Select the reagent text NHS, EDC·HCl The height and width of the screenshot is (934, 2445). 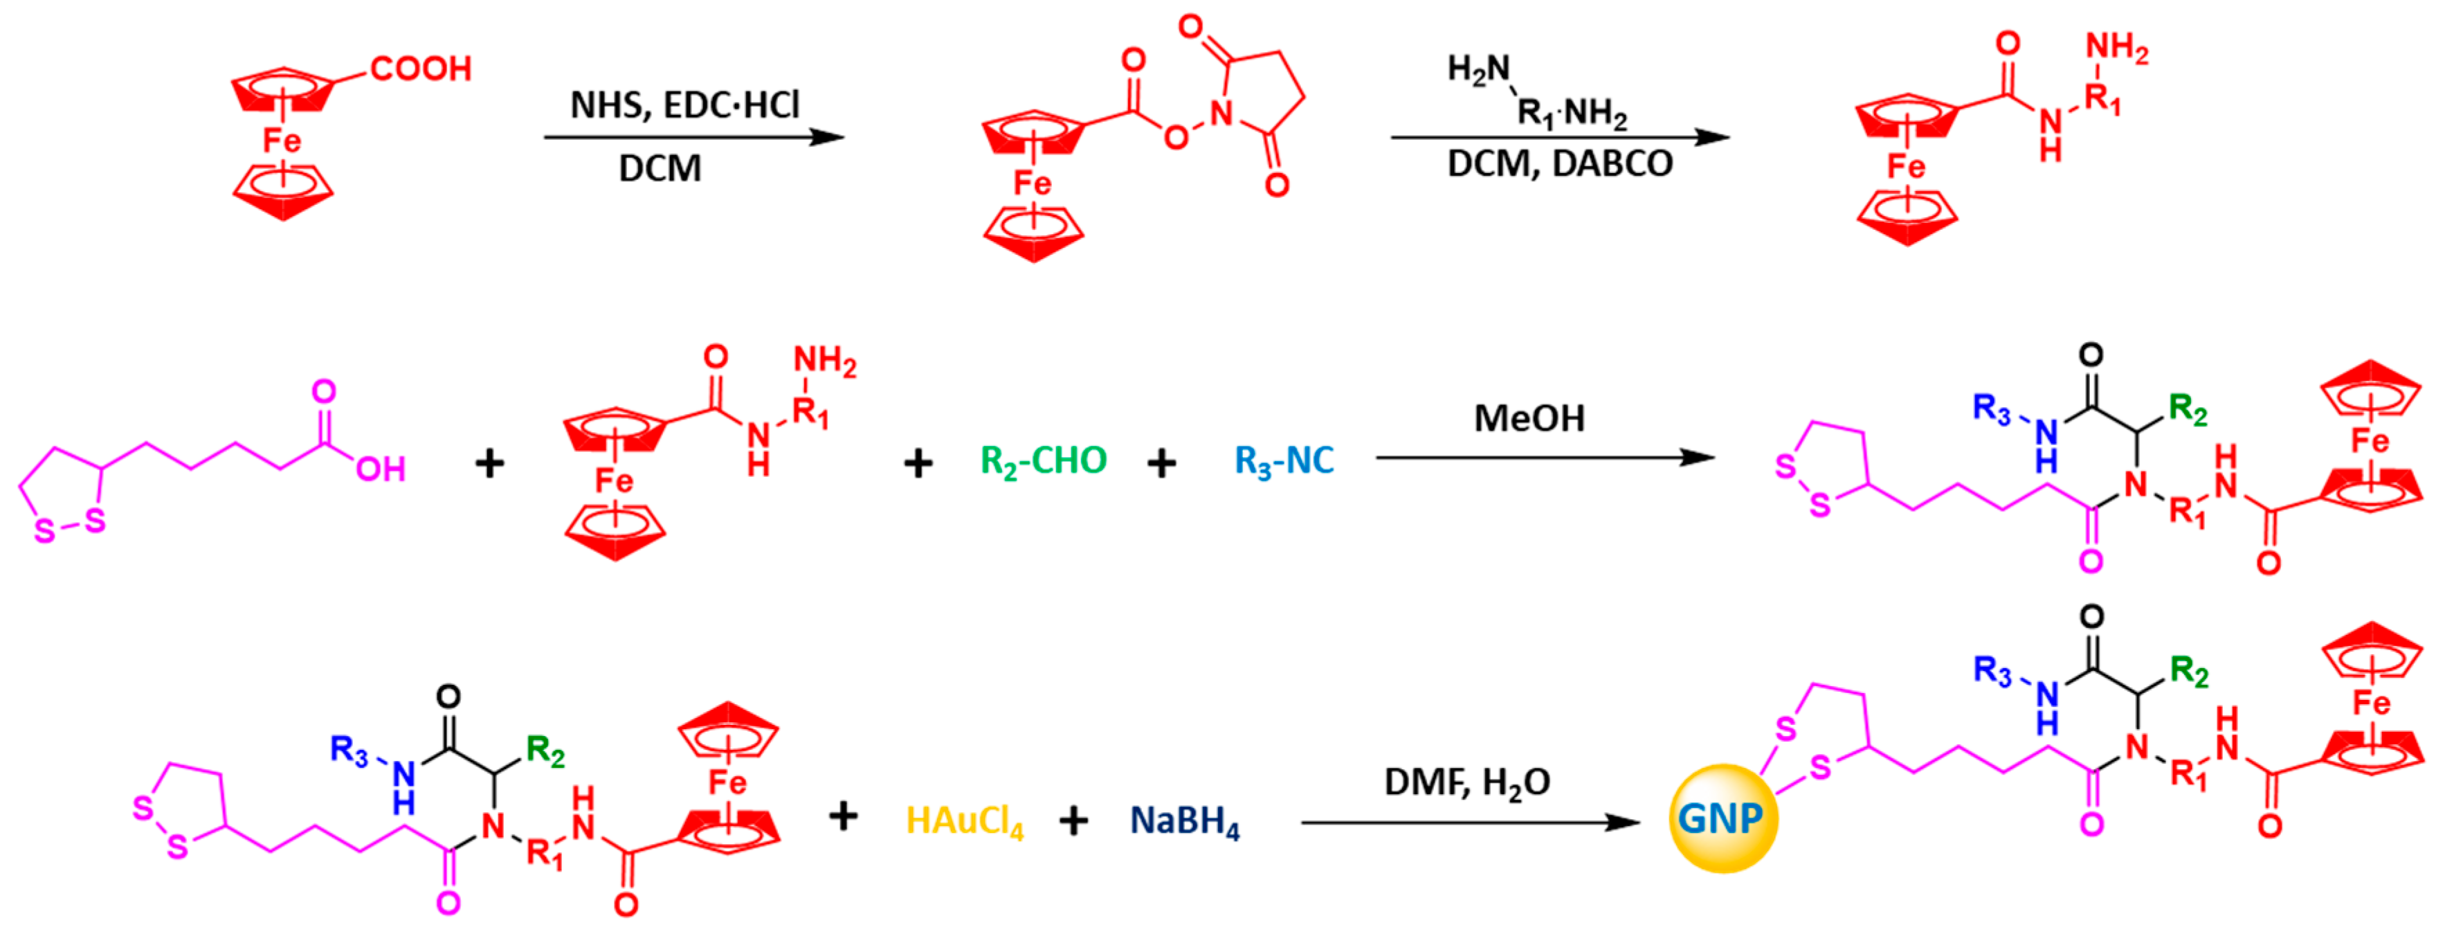pos(684,105)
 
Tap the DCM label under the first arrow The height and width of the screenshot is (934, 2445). pos(660,169)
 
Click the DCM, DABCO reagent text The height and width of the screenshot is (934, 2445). pos(1559,164)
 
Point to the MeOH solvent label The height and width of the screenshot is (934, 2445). pos(1529,419)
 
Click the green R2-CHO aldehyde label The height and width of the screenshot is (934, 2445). pos(1043,461)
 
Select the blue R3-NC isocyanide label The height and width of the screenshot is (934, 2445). pos(1283,461)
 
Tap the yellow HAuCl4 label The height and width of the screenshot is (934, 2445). pos(964,821)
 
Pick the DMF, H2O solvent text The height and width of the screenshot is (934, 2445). pos(1466,783)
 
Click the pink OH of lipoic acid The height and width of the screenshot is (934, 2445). pos(381,469)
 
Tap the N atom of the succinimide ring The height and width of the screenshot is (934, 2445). pos(1221,114)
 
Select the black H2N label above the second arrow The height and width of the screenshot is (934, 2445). pos(1478,69)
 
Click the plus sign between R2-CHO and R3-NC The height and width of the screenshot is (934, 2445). pos(1162,463)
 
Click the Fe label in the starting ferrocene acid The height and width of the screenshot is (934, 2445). pos(281,141)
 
